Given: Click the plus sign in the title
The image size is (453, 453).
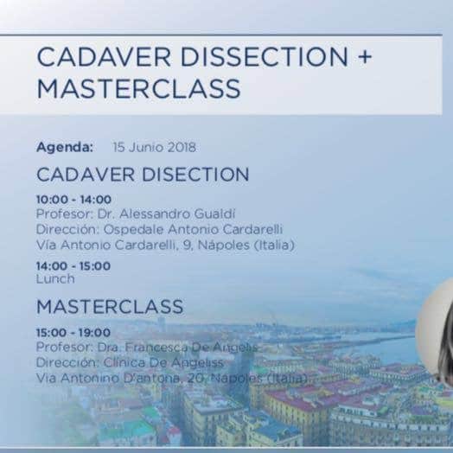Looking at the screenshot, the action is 365,57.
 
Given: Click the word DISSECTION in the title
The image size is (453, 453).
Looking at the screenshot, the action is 264,57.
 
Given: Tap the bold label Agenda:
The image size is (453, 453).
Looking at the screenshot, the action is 65,147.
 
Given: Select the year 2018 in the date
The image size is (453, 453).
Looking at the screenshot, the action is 182,147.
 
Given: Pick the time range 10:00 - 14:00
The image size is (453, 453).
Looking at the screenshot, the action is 73,200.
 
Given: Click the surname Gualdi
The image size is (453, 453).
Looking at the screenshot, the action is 214,214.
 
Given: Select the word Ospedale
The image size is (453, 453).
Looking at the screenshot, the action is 134,230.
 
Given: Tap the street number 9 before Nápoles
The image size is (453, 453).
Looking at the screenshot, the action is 187,246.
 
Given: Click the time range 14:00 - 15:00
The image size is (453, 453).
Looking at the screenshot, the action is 73,266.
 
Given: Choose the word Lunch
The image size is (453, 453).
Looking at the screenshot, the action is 55,279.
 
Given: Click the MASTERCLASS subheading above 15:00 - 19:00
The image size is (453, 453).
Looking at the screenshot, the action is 110,307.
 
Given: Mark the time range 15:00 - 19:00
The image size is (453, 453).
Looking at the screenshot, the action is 73,333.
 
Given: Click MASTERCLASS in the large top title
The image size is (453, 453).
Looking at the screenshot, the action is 138,88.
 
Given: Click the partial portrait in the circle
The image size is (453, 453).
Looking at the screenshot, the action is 437,332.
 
